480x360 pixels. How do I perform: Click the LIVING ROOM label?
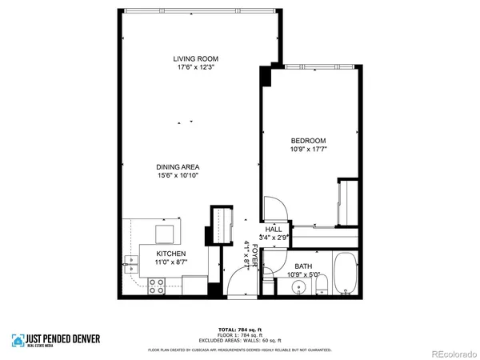[196, 58]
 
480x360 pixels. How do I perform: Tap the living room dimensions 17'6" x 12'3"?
[196, 67]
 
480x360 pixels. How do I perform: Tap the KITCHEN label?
[170, 253]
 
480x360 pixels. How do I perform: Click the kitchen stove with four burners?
[157, 283]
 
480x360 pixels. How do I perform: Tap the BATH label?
[303, 266]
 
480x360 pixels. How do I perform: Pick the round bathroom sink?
[298, 286]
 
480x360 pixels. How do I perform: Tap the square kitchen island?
[164, 233]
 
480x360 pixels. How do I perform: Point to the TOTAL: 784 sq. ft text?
[240, 329]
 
